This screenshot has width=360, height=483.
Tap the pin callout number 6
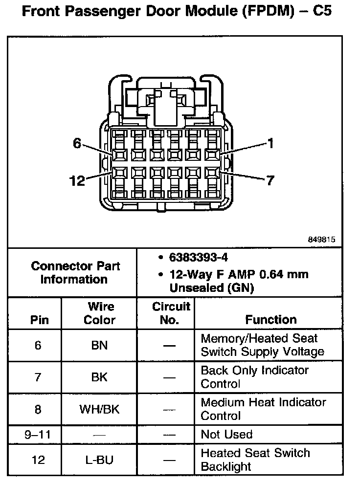76,143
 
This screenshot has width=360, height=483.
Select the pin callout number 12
77,181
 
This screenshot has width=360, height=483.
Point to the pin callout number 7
270,181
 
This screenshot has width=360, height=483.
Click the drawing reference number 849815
321,240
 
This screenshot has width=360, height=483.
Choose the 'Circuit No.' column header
170,313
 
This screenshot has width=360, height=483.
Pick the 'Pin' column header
39,320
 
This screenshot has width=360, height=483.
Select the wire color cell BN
100,346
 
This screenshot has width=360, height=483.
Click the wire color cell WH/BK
99,410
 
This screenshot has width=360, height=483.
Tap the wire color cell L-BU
99,460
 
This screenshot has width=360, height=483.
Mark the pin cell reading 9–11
38,434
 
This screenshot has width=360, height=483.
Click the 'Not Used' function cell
226,434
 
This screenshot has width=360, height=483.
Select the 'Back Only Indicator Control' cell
254,377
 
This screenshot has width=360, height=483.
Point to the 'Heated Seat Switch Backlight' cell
255,460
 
